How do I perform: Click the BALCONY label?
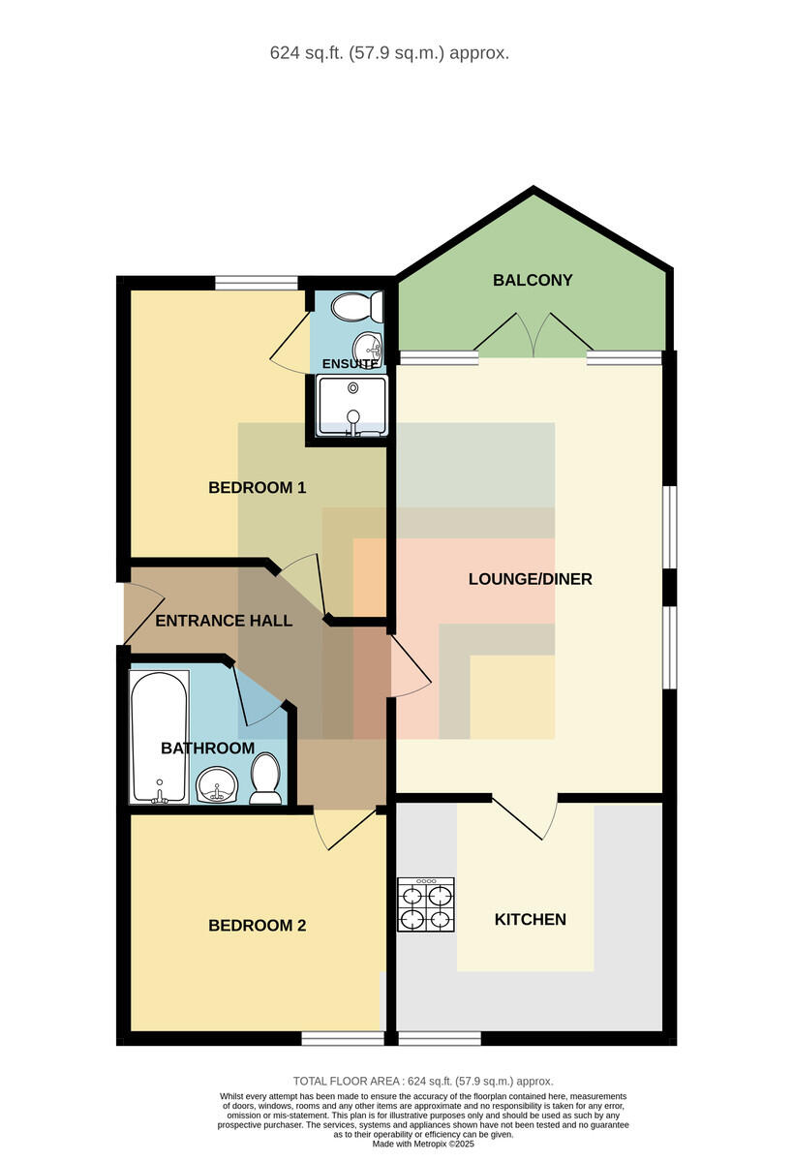533,280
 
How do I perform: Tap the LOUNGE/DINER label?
530,579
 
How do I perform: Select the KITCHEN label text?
530,919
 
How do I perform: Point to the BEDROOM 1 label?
257,488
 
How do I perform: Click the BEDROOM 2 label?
257,926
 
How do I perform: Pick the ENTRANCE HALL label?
224,621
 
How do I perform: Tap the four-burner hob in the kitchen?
426,903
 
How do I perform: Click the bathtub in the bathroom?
159,737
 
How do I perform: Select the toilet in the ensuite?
357,307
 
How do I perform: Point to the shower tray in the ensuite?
352,406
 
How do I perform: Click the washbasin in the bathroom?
217,785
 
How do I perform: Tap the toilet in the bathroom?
265,779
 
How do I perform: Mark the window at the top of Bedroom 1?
257,283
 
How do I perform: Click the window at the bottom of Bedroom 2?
343,1038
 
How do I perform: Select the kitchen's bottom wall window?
440,1038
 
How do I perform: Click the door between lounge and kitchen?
525,818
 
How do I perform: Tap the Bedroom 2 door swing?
345,830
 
